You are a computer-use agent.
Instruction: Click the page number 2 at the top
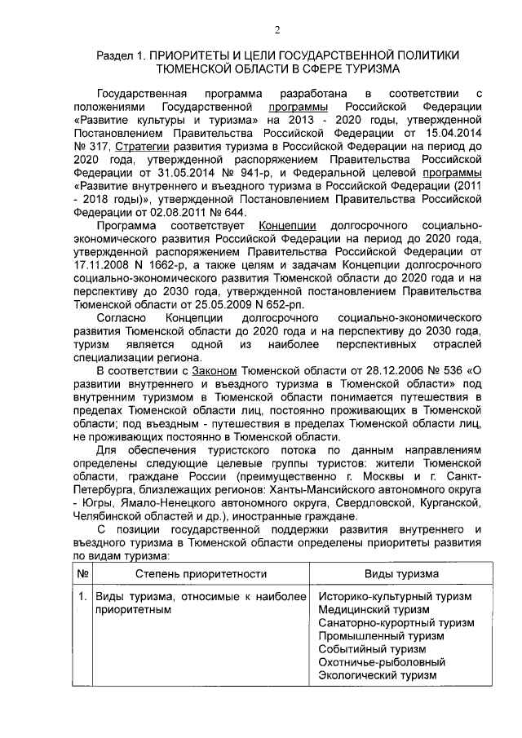click(x=276, y=31)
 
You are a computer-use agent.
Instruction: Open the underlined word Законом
click(x=214, y=373)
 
